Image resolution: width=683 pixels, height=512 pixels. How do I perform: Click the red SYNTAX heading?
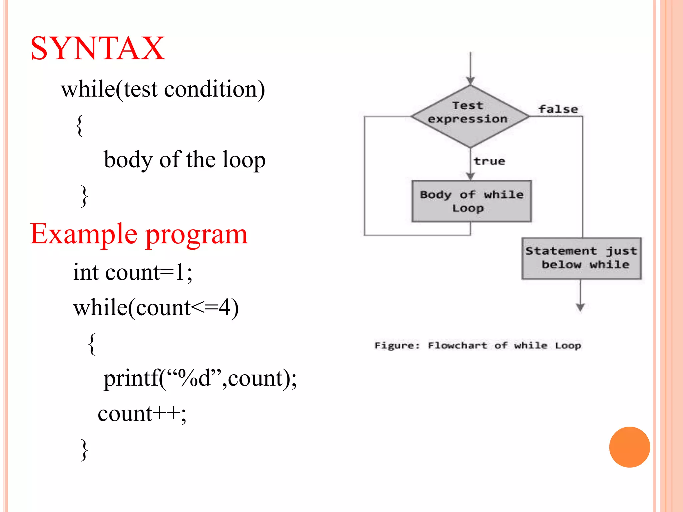coord(97,49)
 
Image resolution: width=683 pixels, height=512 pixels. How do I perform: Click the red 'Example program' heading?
coord(139,234)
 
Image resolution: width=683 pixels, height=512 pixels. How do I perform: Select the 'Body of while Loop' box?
coord(471,201)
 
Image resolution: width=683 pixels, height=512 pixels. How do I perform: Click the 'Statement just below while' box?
coord(581,258)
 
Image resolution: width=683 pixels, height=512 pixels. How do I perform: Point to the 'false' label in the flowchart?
coord(558,109)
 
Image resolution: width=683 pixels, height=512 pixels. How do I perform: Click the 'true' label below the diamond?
coord(489,161)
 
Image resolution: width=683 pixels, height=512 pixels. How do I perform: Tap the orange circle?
coord(629,447)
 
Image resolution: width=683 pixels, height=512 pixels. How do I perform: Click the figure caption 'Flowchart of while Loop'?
coord(478,345)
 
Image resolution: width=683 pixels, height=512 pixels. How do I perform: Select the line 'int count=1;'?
coord(133,272)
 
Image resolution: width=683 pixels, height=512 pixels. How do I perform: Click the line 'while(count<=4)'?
coord(156,307)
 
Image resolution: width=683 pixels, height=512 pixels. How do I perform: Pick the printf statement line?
coord(200,379)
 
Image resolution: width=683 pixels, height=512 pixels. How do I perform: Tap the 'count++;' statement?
coord(142,414)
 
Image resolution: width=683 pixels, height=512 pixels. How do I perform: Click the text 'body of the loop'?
coord(184,160)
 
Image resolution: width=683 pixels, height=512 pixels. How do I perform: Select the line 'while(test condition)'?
coord(163,89)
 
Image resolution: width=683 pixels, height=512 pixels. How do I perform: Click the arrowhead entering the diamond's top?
coord(470,80)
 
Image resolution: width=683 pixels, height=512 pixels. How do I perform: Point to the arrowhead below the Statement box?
coord(580,307)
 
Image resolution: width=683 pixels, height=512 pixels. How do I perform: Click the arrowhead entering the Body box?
coord(470,176)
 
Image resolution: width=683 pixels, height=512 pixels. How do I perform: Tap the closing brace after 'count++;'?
coord(84,450)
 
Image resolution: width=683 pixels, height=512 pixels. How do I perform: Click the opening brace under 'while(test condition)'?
coord(79,125)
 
